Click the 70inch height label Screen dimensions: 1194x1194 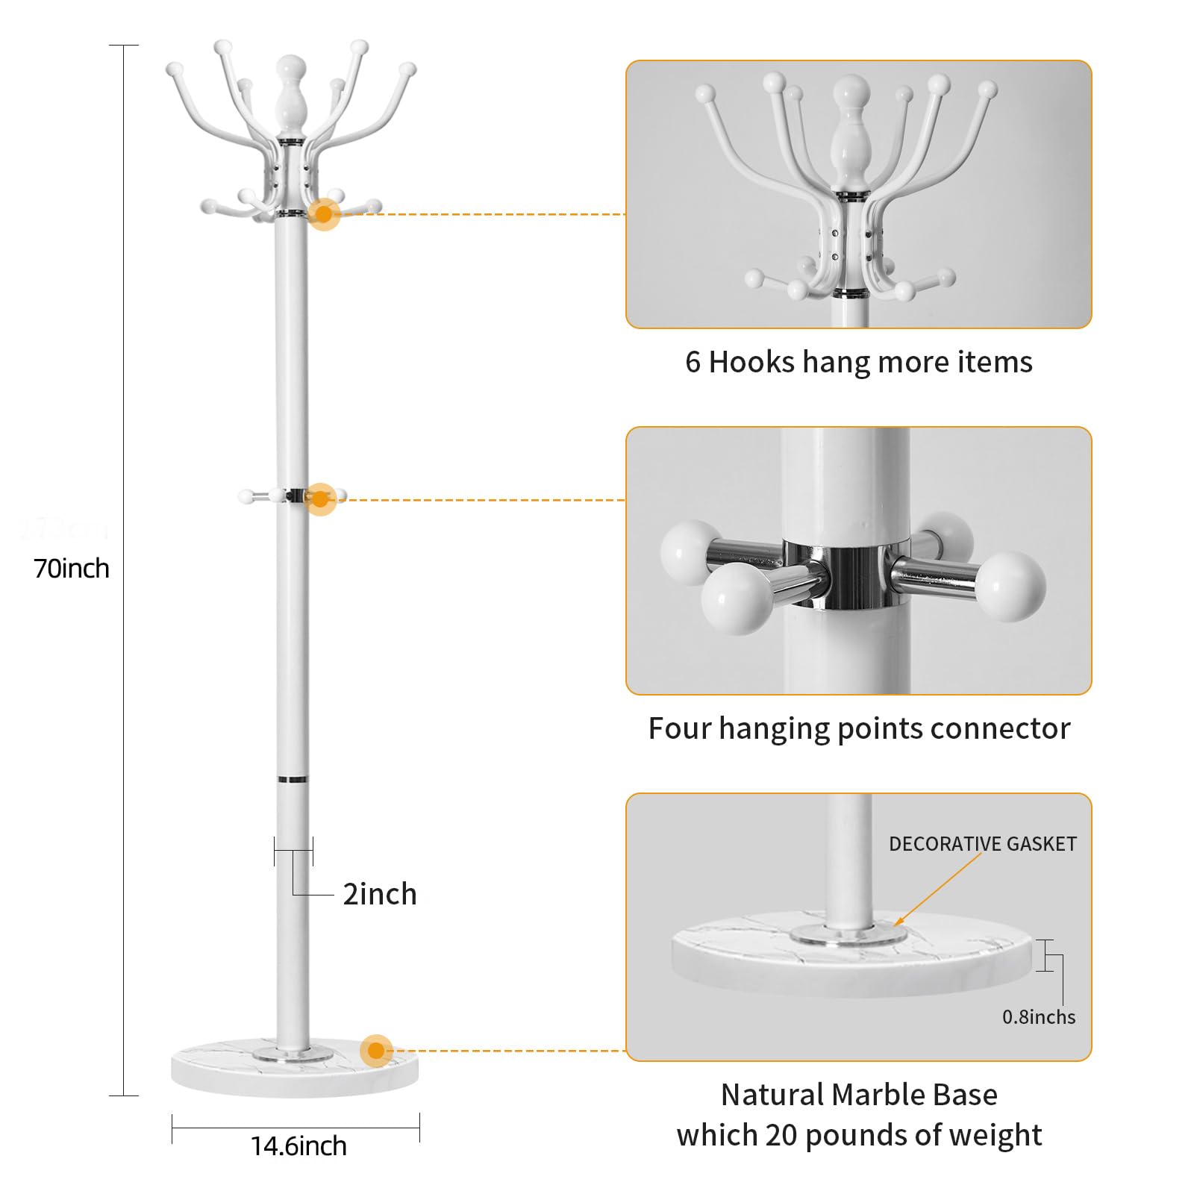(x=72, y=569)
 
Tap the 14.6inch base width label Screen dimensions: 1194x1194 (x=298, y=1145)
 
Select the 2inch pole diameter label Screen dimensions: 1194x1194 (x=379, y=894)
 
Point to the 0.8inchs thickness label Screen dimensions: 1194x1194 (x=1038, y=1017)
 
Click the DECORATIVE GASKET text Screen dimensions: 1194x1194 (x=982, y=844)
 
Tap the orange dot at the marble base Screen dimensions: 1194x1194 (x=376, y=1051)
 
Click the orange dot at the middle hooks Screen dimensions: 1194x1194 (x=320, y=499)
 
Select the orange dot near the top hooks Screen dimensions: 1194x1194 (x=324, y=214)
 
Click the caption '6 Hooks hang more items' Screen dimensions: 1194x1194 (x=858, y=362)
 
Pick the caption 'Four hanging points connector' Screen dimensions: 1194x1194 (x=858, y=728)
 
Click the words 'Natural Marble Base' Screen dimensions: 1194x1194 (x=858, y=1095)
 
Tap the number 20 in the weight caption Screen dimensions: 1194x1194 (x=782, y=1135)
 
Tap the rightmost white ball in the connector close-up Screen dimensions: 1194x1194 (x=1010, y=586)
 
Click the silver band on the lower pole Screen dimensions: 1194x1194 (x=292, y=779)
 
